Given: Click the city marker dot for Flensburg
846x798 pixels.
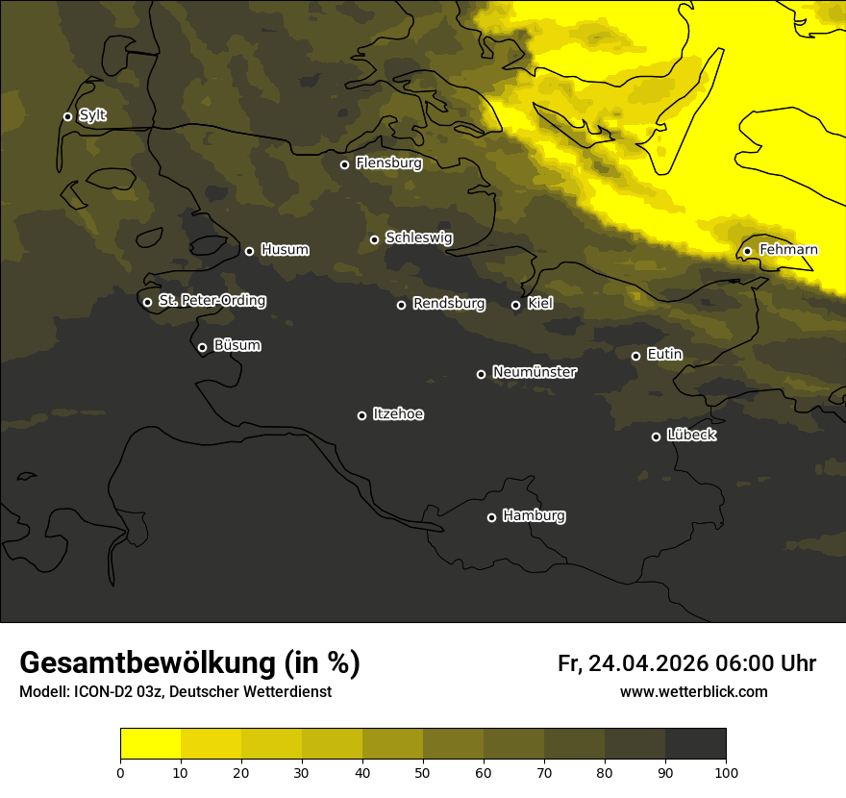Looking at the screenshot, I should coord(344,164).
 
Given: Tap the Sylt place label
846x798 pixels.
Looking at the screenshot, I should coord(92,115).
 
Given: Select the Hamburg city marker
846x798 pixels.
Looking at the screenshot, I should coord(491,517).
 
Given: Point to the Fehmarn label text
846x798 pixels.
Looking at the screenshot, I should coord(788,250).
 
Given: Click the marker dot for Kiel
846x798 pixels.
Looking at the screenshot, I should coord(515,305).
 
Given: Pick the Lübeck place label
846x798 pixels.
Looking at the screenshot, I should coord(691,436).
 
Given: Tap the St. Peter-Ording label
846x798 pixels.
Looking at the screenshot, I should coord(211,301).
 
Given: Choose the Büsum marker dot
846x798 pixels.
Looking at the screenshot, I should coord(202,348).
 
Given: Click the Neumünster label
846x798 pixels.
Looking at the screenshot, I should coord(535,372).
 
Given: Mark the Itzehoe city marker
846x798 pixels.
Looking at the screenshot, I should coord(361,415).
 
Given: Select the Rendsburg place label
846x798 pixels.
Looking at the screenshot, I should coord(449,304).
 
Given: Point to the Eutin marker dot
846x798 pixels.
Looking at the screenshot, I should coord(635,356).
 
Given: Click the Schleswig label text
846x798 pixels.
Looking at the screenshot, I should coord(418,237).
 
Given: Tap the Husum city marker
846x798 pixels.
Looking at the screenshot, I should coord(249,251).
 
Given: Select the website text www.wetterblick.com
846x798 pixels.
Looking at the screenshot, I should coord(693,691).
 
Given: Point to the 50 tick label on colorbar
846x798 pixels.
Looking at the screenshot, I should coord(423,771).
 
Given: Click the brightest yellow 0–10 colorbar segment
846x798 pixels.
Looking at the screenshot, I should coord(150,744).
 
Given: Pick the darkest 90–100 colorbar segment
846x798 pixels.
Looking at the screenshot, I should coord(695,744).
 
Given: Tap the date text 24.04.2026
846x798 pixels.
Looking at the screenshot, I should coord(648,663).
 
